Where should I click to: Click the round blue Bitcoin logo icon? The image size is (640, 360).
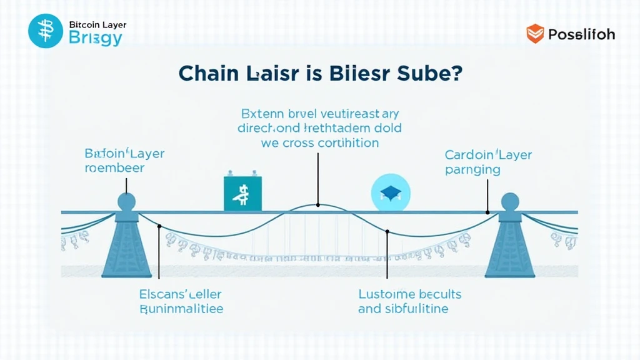pos(46,31)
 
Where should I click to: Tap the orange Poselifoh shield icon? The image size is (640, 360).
pos(535,34)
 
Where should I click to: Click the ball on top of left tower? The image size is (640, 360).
pos(126,201)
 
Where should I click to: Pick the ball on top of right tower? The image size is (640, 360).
pos(511,201)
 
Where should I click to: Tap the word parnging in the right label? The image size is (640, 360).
pos(472,169)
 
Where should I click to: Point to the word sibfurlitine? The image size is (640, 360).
pos(413,309)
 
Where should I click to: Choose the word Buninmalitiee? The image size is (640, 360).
pos(181,309)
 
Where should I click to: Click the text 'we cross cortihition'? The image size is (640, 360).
pos(319,142)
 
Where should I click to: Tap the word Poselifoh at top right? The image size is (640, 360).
pos(581,34)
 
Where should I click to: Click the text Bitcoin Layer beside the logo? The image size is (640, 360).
pos(97,25)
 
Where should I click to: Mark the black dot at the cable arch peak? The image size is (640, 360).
pos(318,205)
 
